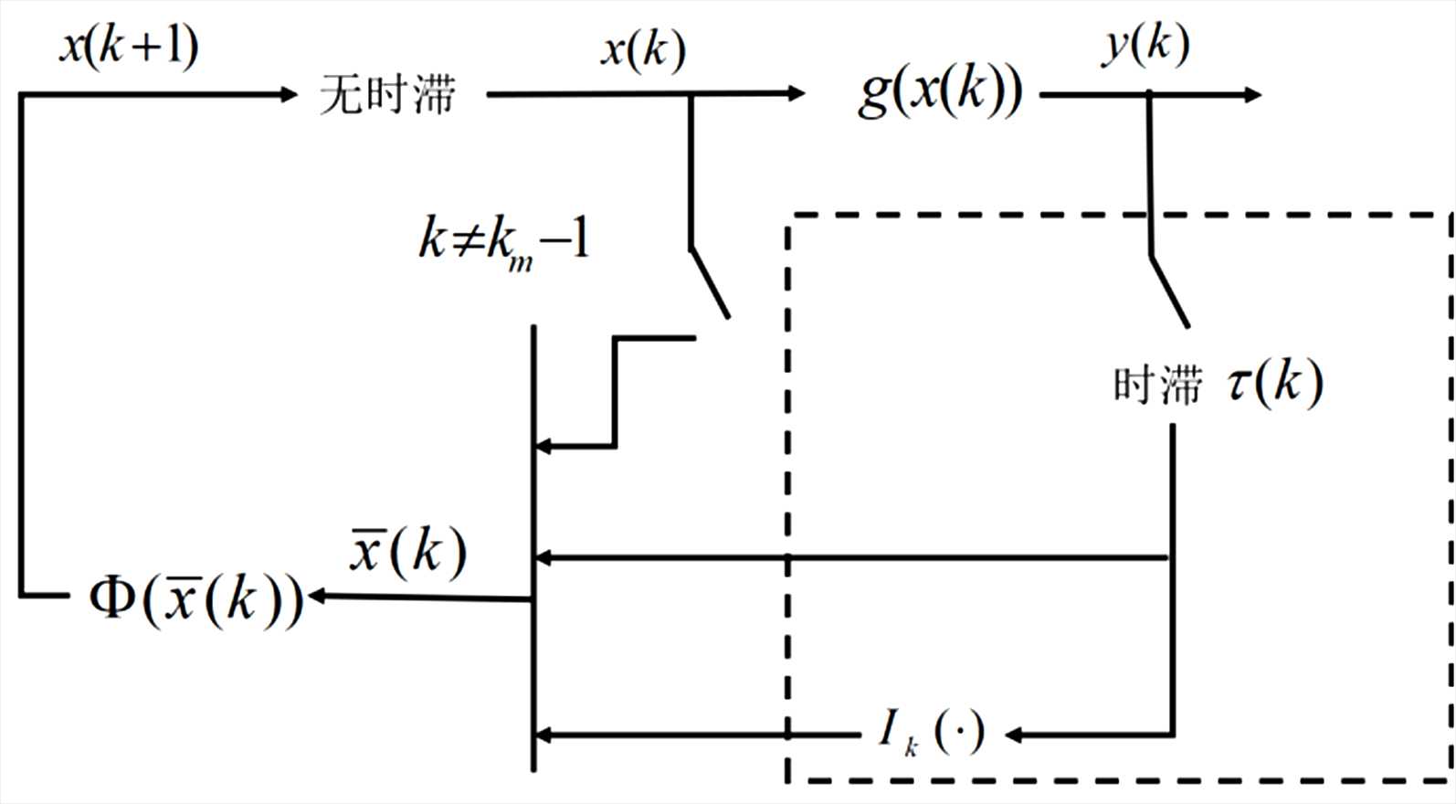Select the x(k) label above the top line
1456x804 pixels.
pyautogui.click(x=642, y=50)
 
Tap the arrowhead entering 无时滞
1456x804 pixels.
pyautogui.click(x=290, y=93)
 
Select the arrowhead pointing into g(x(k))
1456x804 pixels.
pyautogui.click(x=797, y=93)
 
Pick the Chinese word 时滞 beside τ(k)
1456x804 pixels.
pyautogui.click(x=1156, y=385)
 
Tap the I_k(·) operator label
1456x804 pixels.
pyautogui.click(x=931, y=732)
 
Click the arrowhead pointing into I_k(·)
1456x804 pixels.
pyautogui.click(x=1013, y=734)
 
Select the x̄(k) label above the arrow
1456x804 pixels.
pyautogui.click(x=407, y=551)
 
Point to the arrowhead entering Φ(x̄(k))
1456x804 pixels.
pyautogui.click(x=317, y=598)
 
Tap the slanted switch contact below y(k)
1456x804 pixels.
pyautogui.click(x=1169, y=291)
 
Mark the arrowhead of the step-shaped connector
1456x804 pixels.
pyautogui.click(x=542, y=447)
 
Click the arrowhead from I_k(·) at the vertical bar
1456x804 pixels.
pyautogui.click(x=542, y=734)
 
